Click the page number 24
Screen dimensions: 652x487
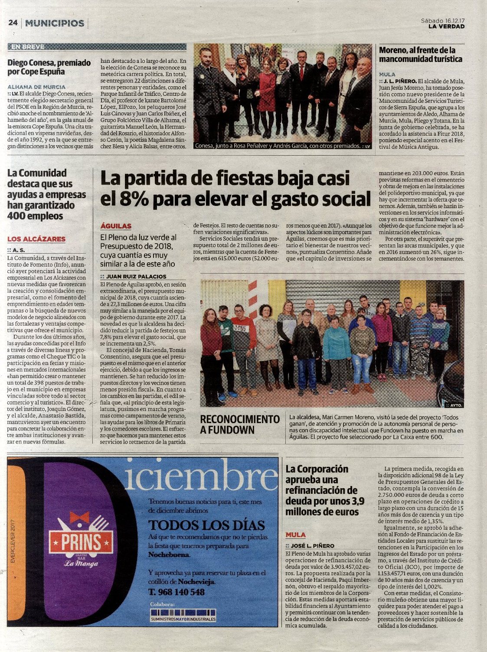[13, 23]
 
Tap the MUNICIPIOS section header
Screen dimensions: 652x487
[55, 23]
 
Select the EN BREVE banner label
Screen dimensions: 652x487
[27, 47]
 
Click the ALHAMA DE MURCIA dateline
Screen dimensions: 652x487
[36, 87]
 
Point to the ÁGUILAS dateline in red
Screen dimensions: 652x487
[116, 226]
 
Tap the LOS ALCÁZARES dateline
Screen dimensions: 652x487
[36, 239]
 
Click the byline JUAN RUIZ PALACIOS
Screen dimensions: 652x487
[136, 276]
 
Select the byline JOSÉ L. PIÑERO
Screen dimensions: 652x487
[312, 546]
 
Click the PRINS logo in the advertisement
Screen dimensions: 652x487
[81, 542]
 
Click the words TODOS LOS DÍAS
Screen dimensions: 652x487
[206, 525]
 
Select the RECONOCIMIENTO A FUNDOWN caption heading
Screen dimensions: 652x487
[240, 424]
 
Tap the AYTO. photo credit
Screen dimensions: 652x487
[455, 405]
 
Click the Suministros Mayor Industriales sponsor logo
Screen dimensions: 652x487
[183, 615]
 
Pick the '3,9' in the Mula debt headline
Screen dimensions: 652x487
[355, 501]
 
